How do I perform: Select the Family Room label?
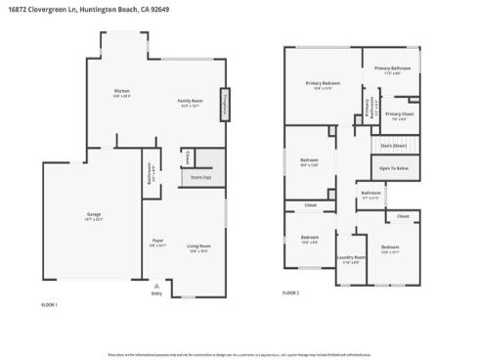190,101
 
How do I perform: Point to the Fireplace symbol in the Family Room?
227,103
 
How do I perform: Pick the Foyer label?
156,241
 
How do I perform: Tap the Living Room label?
199,246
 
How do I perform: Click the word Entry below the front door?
156,292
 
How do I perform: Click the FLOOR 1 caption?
50,305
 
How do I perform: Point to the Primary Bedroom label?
323,84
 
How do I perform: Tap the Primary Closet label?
399,114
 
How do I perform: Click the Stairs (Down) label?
391,145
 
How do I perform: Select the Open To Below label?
393,168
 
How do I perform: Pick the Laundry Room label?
350,258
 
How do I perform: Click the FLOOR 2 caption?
291,292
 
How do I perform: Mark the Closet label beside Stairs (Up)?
188,156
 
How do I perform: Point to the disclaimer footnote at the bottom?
239,353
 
